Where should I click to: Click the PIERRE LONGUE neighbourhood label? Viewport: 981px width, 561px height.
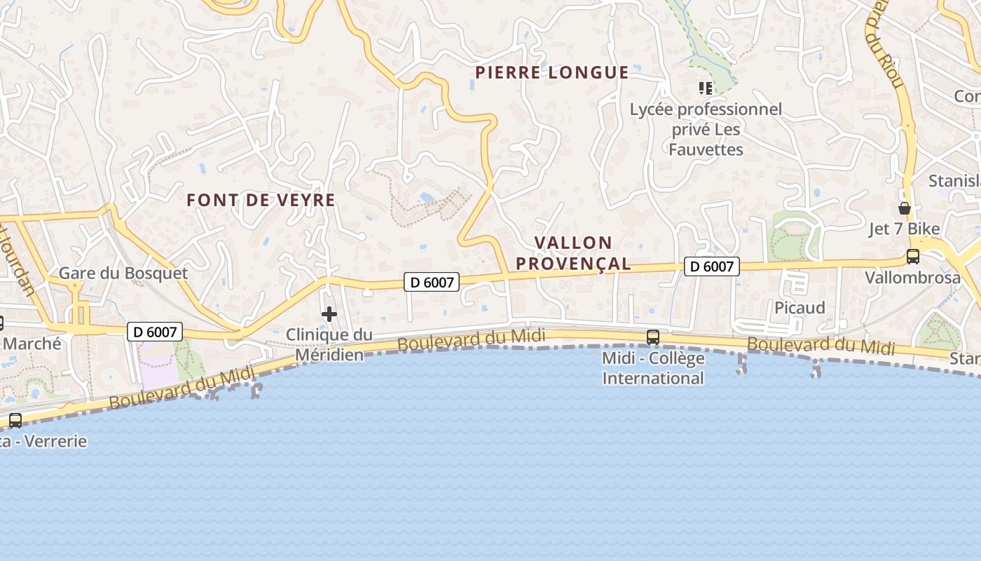(x=552, y=72)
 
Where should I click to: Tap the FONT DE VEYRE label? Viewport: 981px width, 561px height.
(x=261, y=200)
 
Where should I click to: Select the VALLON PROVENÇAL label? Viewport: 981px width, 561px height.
(x=583, y=253)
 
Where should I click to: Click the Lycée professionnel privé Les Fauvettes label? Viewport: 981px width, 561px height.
(x=706, y=129)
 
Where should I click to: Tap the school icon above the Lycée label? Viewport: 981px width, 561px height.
(x=705, y=88)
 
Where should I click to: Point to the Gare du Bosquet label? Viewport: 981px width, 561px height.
(x=123, y=273)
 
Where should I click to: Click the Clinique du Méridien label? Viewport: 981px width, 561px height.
(x=329, y=344)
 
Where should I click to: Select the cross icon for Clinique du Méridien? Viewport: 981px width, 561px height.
(x=329, y=314)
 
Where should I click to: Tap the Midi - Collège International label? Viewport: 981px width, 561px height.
(x=653, y=368)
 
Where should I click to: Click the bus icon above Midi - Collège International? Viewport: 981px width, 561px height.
(x=653, y=337)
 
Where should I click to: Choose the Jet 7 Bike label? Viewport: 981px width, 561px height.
(x=904, y=229)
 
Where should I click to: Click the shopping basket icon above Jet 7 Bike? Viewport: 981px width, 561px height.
(x=905, y=208)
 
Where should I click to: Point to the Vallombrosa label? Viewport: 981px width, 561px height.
(x=912, y=277)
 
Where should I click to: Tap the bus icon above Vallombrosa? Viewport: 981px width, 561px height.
(x=912, y=257)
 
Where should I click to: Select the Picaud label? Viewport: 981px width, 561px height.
(x=800, y=307)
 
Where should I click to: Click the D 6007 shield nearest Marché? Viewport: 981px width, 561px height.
(x=154, y=332)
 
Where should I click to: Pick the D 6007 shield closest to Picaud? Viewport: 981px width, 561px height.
(x=712, y=266)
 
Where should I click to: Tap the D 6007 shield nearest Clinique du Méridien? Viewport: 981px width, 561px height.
(x=432, y=282)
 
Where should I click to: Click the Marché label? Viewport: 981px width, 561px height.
(x=32, y=344)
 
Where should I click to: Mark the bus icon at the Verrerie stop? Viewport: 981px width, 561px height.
(x=15, y=421)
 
